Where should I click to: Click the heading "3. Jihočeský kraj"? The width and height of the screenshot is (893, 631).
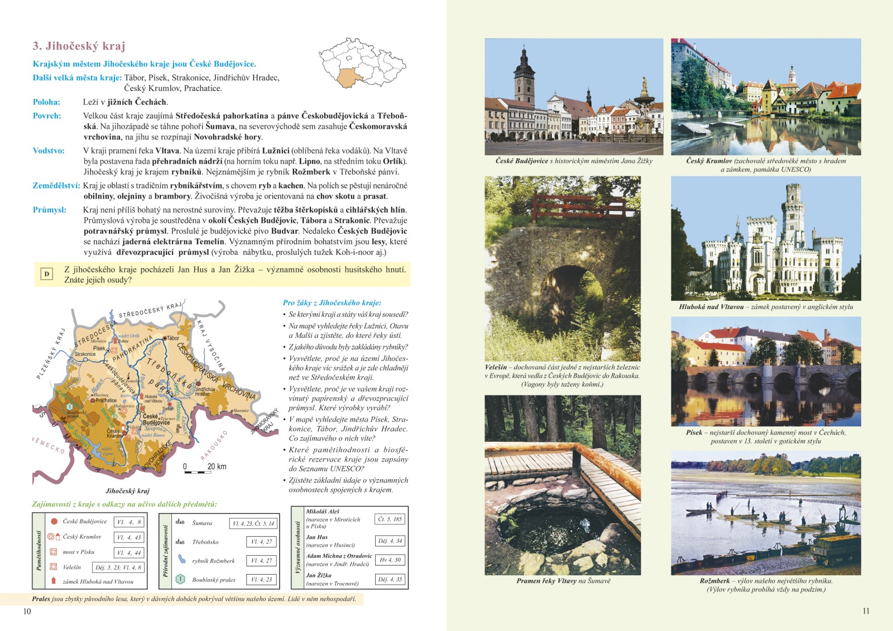pyautogui.click(x=79, y=46)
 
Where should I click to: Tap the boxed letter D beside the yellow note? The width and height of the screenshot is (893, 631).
pyautogui.click(x=47, y=274)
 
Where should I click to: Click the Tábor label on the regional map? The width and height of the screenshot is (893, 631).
pyautogui.click(x=173, y=338)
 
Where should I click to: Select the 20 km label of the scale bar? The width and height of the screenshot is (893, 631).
pyautogui.click(x=217, y=466)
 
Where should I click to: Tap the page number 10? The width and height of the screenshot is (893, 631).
pyautogui.click(x=27, y=611)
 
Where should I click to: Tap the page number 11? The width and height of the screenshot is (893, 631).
pyautogui.click(x=866, y=611)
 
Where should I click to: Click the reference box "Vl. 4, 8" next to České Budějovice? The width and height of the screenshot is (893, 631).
pyautogui.click(x=129, y=522)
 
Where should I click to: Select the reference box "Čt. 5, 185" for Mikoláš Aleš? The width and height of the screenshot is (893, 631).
pyautogui.click(x=390, y=519)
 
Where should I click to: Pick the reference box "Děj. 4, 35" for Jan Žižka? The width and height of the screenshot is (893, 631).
pyautogui.click(x=390, y=579)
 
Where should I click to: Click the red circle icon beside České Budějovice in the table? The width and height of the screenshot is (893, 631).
pyautogui.click(x=54, y=522)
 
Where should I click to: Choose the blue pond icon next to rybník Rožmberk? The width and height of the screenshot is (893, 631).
pyautogui.click(x=181, y=559)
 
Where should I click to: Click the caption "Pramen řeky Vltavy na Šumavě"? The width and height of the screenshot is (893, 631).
pyautogui.click(x=563, y=581)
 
